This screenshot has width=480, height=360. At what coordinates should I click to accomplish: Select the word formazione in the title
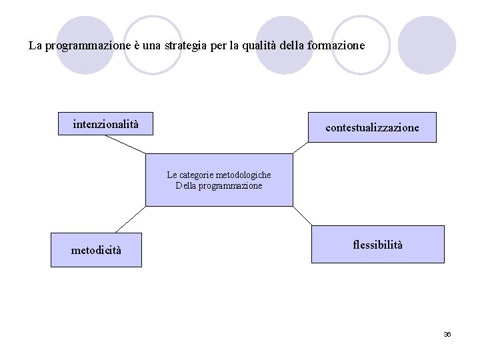339,47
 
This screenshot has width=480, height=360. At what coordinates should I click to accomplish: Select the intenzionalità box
106,123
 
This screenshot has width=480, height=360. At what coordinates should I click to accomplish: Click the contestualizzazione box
372,127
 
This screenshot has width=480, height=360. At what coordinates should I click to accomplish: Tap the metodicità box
97,250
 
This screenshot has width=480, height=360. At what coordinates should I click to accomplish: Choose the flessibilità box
377,244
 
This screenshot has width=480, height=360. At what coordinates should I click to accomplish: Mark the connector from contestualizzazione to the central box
301,148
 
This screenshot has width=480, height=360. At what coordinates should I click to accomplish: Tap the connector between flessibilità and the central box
303,216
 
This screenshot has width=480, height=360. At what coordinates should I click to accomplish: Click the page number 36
447,334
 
